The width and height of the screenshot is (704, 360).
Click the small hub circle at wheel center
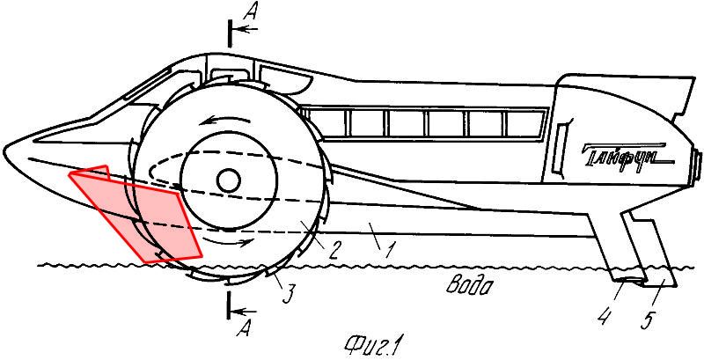point(229,181)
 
